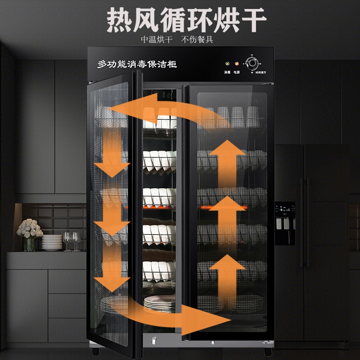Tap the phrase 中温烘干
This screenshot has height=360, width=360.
tap(157, 39)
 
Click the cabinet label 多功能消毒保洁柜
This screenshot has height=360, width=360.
tap(137, 64)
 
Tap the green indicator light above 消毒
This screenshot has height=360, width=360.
tap(227, 64)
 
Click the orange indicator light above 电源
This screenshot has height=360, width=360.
tap(236, 64)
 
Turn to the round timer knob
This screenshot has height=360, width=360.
tap(252, 63)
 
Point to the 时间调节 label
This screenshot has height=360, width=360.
tap(251, 72)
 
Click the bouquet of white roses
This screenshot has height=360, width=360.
tap(29, 229)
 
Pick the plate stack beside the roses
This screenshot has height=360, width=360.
tap(52, 243)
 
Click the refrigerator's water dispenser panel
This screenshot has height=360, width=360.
tap(285, 223)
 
